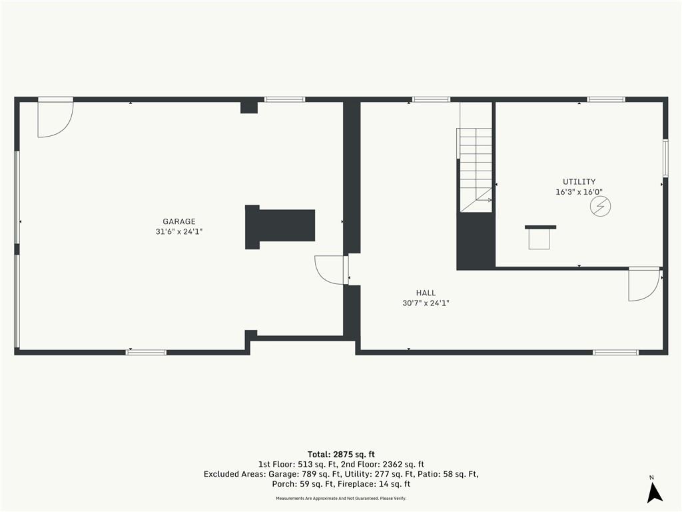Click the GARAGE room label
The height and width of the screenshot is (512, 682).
tap(178, 221)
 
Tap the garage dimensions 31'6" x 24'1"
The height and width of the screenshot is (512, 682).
tap(179, 231)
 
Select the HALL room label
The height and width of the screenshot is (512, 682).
tap(426, 293)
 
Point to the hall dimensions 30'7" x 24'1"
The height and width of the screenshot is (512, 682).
tap(426, 303)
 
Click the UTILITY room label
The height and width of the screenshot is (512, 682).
tap(579, 181)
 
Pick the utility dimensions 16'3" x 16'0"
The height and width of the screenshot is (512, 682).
tap(579, 191)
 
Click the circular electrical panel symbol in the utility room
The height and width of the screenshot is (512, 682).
tap(600, 206)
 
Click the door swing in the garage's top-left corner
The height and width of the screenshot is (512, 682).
tap(55, 117)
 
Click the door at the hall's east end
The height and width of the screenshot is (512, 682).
tap(644, 284)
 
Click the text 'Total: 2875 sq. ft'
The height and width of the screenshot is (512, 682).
tap(341, 455)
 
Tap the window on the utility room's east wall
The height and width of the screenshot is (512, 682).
tap(665, 157)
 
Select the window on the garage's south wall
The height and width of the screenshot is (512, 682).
tap(146, 352)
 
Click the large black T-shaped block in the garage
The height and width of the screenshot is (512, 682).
tap(280, 227)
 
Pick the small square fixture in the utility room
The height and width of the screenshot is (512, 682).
tap(539, 238)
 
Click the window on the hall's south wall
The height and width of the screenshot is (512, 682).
tap(615, 352)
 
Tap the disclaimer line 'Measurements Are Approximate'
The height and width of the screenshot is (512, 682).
tap(341, 498)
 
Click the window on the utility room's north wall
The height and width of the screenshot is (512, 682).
tap(606, 99)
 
